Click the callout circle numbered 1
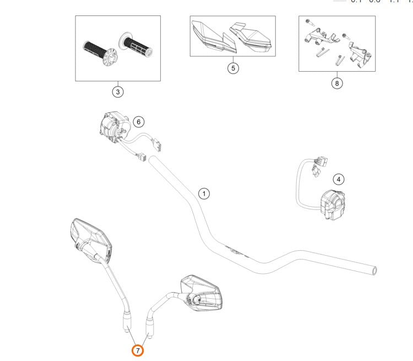204,193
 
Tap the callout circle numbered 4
339,179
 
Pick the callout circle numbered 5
233,68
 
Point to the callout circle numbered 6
138,121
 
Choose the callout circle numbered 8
337,83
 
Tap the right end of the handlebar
375,270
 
